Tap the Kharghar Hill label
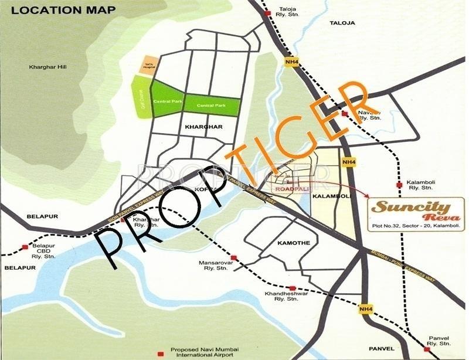click(48, 67)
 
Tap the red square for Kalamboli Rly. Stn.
click(399, 185)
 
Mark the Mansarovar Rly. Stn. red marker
click(233, 257)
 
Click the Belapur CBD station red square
click(25, 247)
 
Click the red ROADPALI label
click(291, 189)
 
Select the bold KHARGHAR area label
click(201, 126)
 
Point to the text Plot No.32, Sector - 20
click(398, 226)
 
